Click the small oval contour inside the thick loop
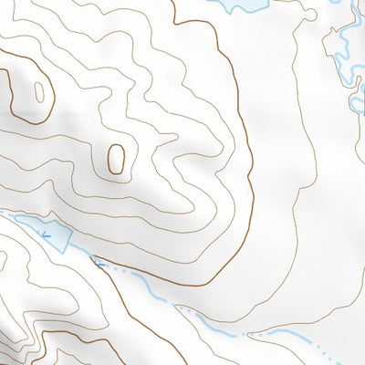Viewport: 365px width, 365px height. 39,89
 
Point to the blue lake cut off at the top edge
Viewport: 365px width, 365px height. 235,5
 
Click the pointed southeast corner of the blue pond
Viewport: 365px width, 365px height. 67,249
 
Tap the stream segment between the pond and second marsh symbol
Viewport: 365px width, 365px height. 82,255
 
